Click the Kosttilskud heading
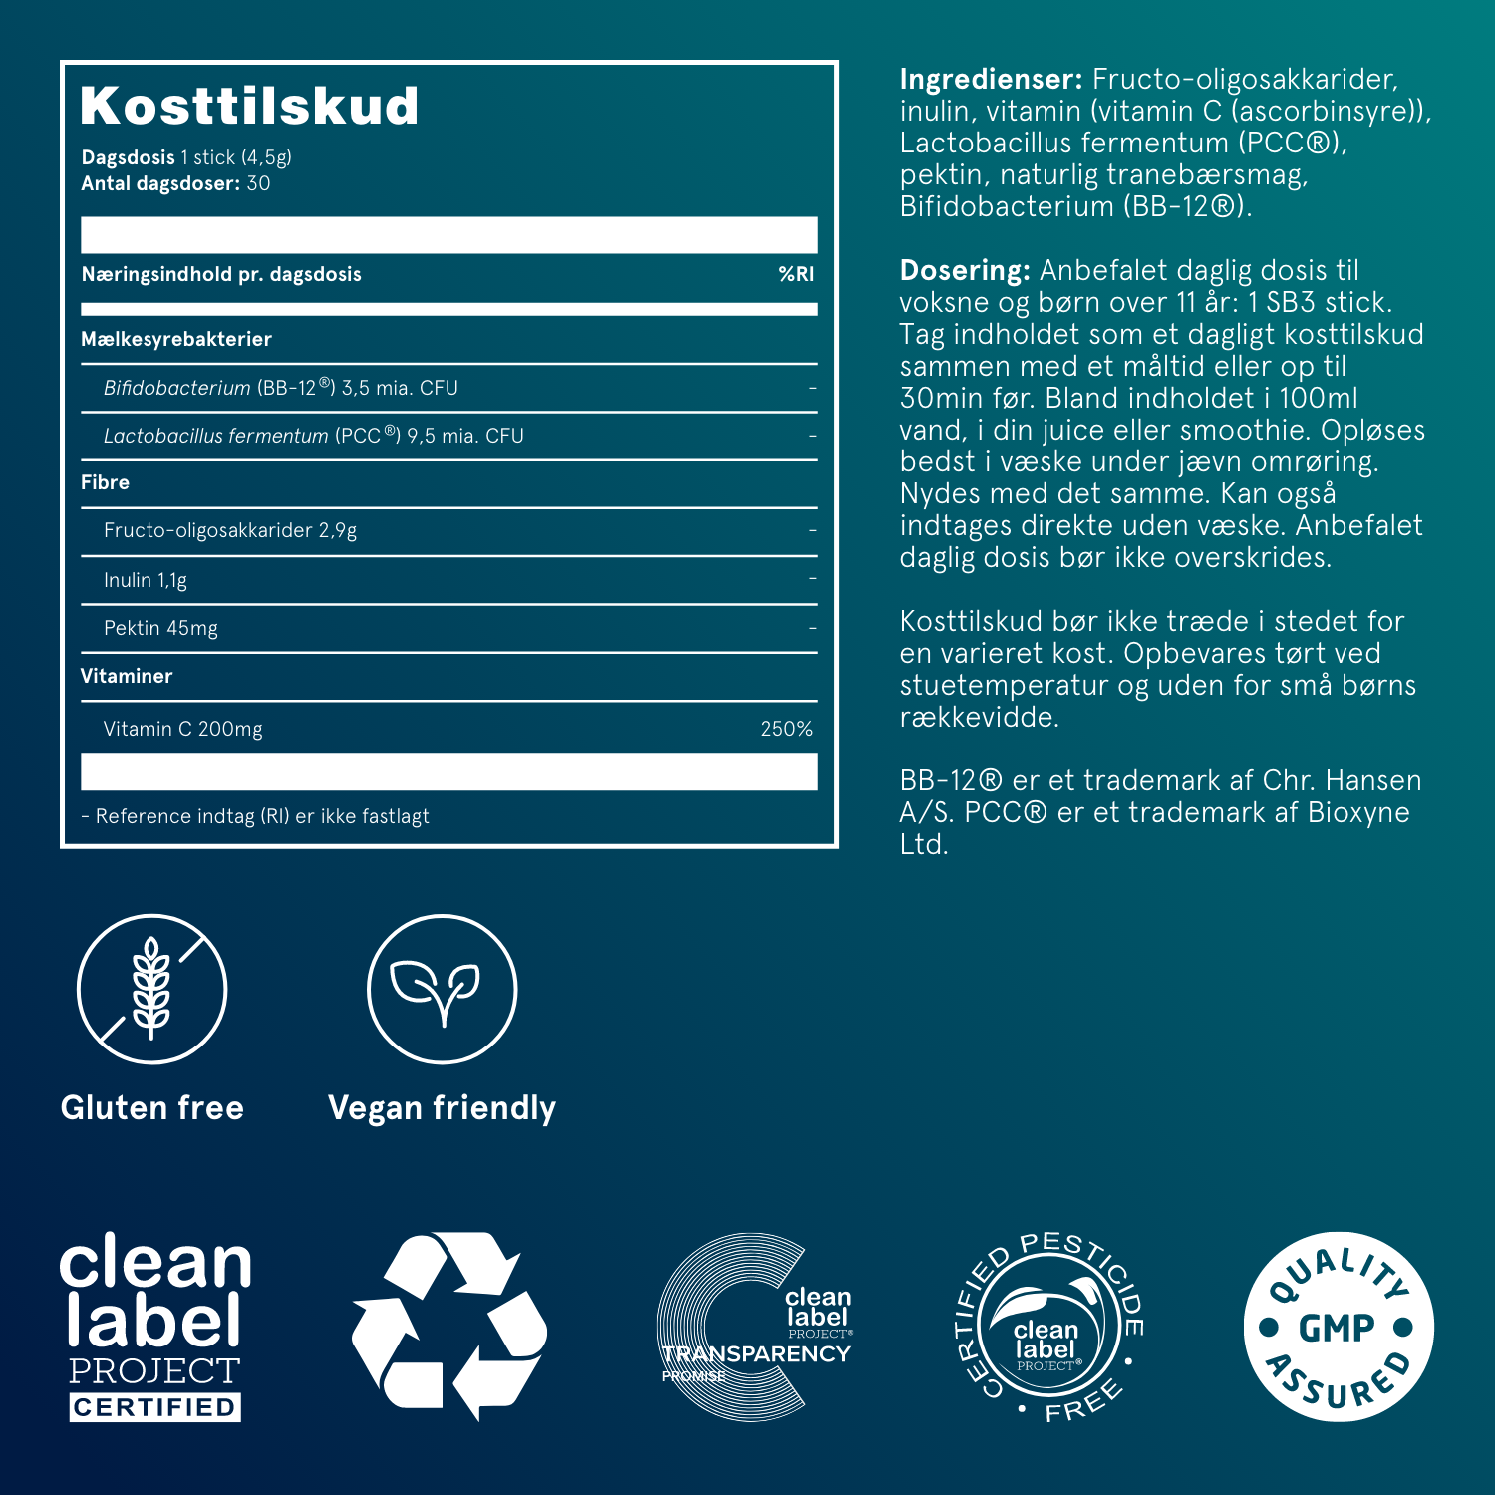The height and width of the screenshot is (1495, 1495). (x=249, y=107)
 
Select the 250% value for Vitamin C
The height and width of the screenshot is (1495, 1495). (x=786, y=729)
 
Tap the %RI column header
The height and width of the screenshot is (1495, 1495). (x=796, y=274)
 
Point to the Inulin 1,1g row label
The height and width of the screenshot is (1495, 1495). (x=146, y=580)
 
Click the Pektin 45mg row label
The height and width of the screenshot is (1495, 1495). (x=160, y=628)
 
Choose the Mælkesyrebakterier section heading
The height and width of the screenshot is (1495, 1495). (x=176, y=339)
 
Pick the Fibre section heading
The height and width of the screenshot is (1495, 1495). (x=106, y=482)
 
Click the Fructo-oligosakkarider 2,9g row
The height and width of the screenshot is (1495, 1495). (x=230, y=530)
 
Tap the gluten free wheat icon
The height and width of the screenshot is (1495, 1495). (x=152, y=989)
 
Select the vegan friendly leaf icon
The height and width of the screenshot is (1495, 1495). (x=442, y=989)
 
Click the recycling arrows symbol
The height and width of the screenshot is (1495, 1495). (x=448, y=1326)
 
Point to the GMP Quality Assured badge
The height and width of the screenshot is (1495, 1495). (x=1338, y=1327)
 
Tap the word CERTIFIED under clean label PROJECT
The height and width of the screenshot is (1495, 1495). (x=154, y=1407)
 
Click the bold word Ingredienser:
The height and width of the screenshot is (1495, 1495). (x=991, y=79)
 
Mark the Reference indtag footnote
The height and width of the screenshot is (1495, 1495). (x=255, y=816)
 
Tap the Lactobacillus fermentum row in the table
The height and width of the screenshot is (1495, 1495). (x=314, y=436)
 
